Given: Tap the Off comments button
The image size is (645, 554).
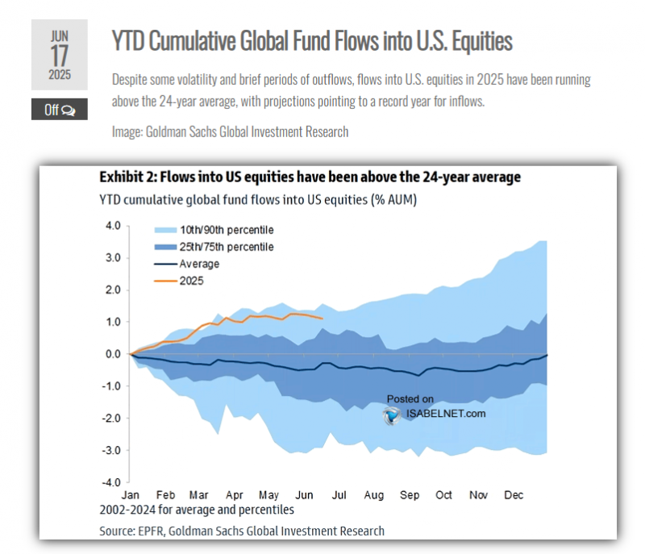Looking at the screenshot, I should point(60,110).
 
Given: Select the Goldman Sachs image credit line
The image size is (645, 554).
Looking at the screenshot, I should point(230,131).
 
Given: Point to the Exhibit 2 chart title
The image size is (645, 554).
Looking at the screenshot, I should point(310,177).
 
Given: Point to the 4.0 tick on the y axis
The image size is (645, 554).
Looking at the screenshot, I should point(112,226).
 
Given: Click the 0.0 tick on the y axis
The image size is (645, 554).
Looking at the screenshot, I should point(112,354).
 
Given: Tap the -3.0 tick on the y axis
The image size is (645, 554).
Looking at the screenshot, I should point(110,450).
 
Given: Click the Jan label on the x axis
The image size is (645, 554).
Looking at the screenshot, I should point(131,495).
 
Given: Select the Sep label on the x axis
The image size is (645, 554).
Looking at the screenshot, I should point(409,495).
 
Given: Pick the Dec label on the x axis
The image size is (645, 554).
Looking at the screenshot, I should point(514,495).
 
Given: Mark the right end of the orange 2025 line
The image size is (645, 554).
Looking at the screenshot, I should point(322,319).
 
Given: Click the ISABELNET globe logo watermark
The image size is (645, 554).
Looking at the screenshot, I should point(393,414).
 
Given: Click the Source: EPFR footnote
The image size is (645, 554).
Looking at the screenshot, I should point(242,531).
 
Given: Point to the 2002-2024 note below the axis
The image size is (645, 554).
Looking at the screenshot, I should point(197,510).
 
